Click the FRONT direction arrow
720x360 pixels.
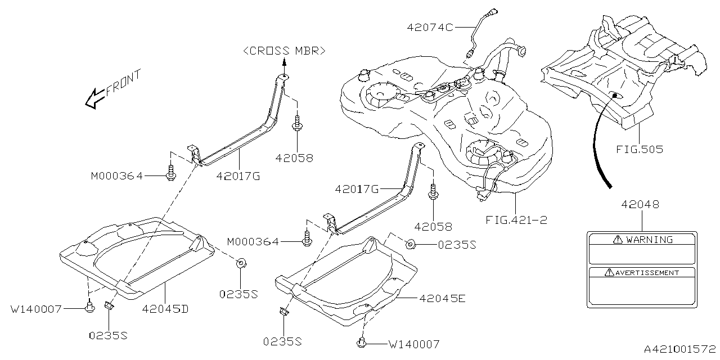[93, 99]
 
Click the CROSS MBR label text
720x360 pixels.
[284, 51]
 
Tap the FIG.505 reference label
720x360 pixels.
[639, 150]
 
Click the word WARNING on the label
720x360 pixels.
[649, 240]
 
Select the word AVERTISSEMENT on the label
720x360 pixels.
[646, 273]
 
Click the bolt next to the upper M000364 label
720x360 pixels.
[170, 174]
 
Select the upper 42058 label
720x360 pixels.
[294, 158]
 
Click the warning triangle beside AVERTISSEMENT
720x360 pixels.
[608, 273]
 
